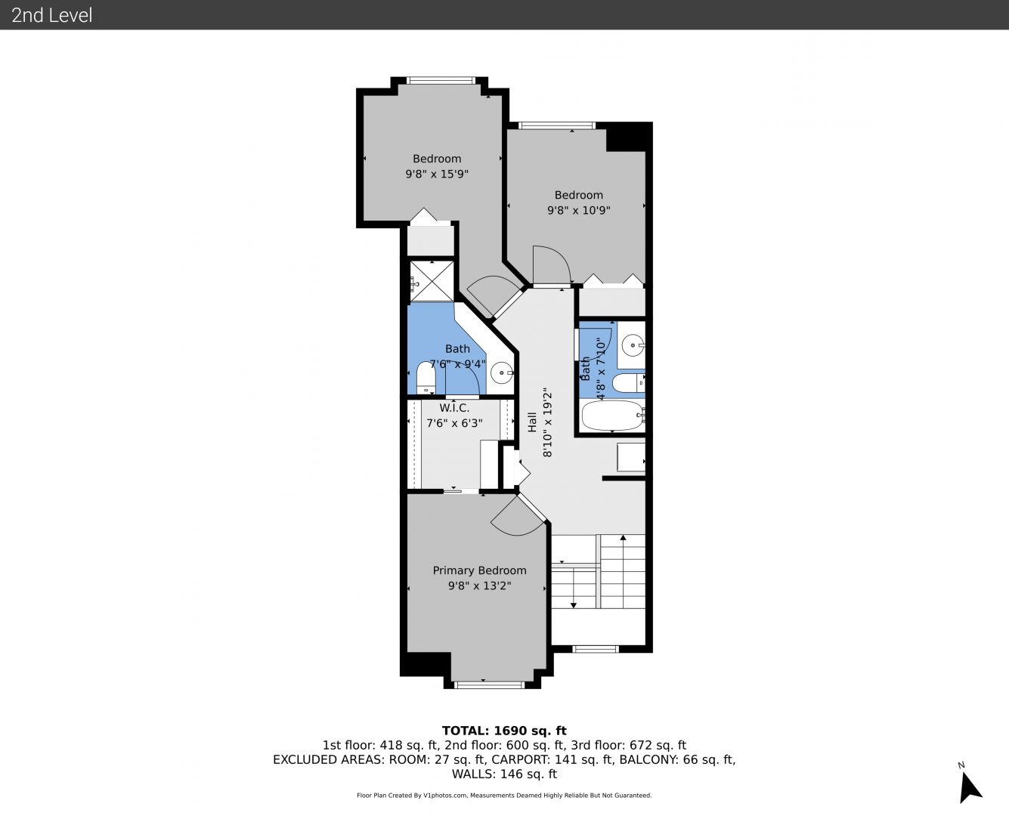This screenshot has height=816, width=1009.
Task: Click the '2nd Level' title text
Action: coord(51,15)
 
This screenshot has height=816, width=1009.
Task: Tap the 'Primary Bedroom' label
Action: coord(479,570)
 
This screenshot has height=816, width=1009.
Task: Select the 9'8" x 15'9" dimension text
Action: coord(437,174)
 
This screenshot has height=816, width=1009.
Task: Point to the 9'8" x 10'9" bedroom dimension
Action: coord(578,210)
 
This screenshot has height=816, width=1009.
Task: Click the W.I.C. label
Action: coord(454,408)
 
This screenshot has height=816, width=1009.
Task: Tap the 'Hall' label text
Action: coord(532,422)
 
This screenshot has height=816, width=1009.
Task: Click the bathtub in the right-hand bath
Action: coord(611,416)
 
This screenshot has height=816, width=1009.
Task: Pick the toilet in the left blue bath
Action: coord(426,378)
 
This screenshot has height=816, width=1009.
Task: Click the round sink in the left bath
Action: coord(501,373)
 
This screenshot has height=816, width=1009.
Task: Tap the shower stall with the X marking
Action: coord(431,281)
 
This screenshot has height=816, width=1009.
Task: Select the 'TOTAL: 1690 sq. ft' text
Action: coord(504,731)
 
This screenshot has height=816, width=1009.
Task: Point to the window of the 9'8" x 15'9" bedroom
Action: coord(441,81)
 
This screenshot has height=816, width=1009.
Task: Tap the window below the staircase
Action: coord(596,649)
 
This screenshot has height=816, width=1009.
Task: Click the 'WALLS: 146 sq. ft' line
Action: coord(504,774)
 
